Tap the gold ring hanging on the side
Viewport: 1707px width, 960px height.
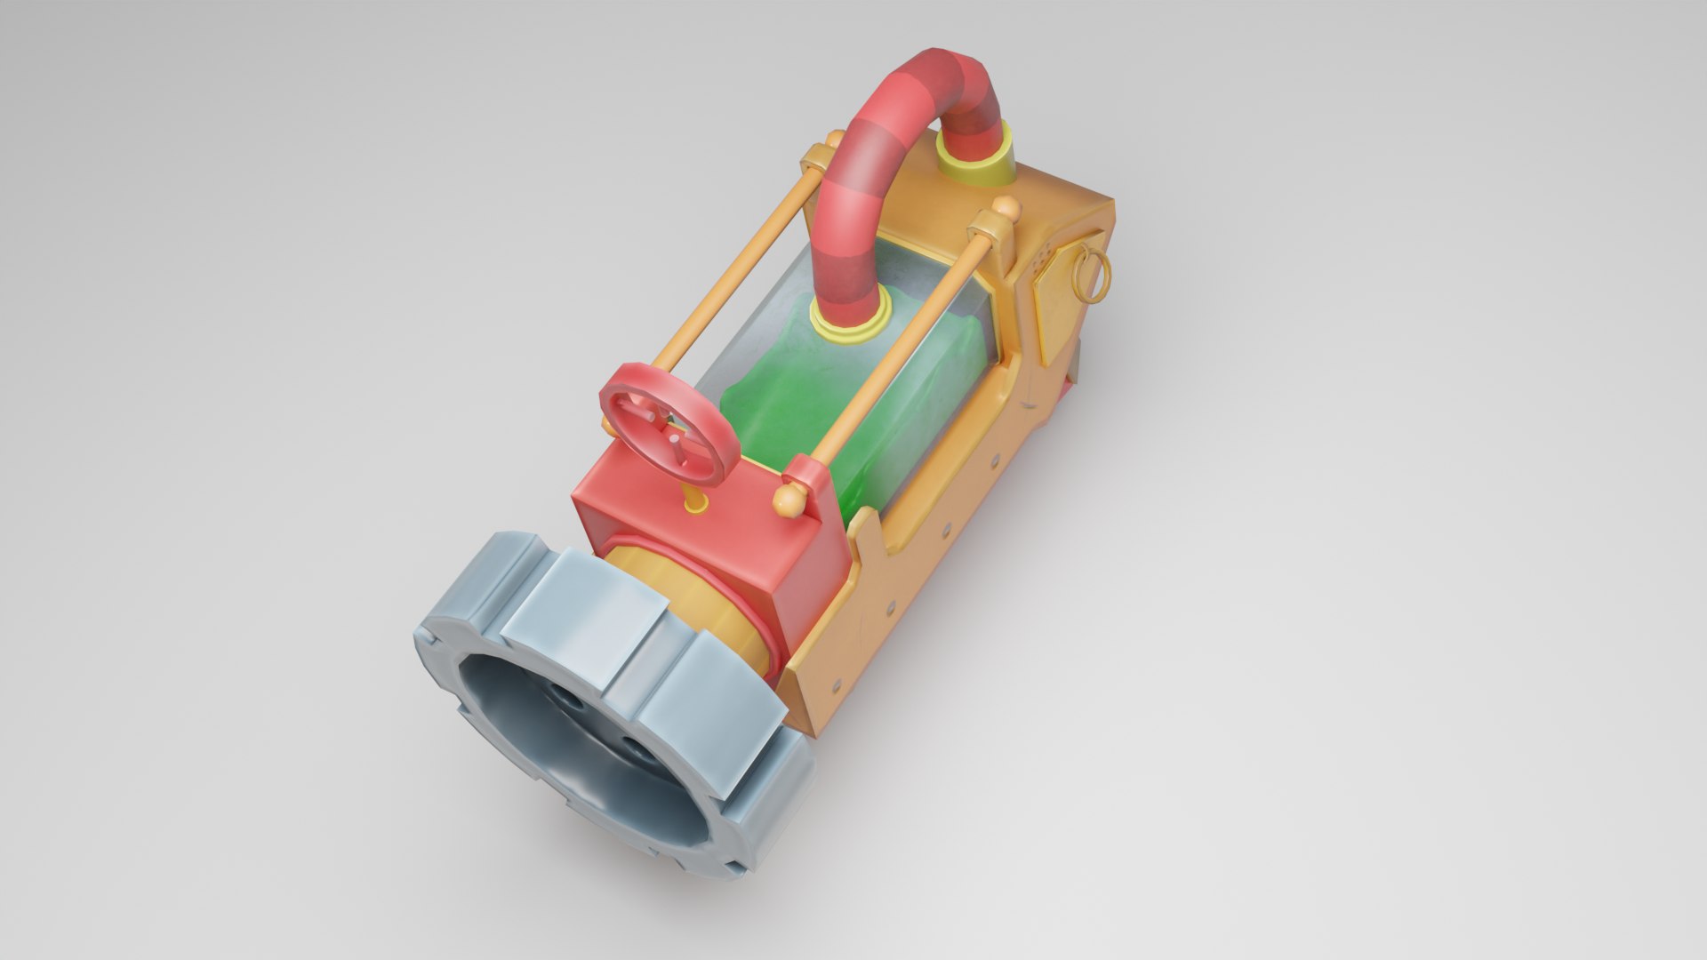tap(1092, 275)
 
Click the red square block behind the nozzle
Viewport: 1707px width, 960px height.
tap(711, 551)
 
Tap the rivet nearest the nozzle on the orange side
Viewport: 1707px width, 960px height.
tap(836, 684)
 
